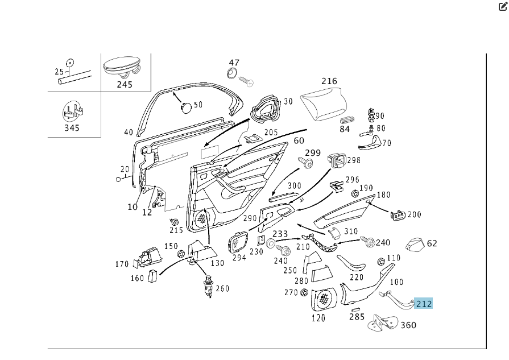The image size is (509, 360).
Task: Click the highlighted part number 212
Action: [x=424, y=304]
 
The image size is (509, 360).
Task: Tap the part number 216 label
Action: [x=329, y=81]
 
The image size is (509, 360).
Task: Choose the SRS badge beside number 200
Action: [x=398, y=215]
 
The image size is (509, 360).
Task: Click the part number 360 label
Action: [x=408, y=325]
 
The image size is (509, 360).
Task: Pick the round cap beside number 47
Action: [x=232, y=73]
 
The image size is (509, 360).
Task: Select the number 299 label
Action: [x=312, y=153]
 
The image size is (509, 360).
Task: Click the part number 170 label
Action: [x=122, y=264]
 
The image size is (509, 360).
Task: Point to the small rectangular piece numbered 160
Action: [x=152, y=276]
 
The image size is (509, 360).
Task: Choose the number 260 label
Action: [x=222, y=288]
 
